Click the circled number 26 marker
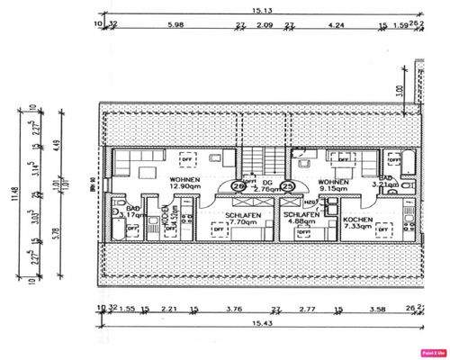pos(238,186)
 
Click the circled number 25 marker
pos(288,186)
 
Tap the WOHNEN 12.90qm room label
pos(185,184)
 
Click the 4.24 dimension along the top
pos(335,25)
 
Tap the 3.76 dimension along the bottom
pos(233,308)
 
